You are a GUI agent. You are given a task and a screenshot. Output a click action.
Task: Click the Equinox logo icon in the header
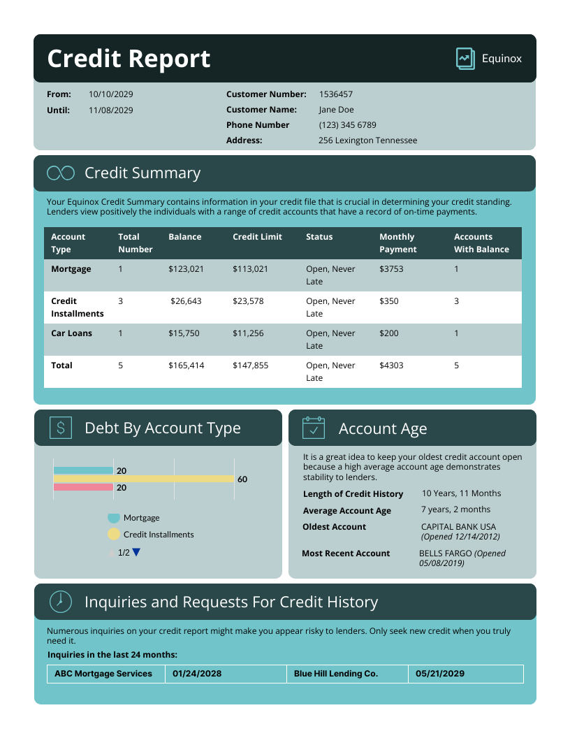pyautogui.click(x=465, y=59)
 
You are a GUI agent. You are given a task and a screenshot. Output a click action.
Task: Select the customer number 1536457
pyautogui.click(x=336, y=94)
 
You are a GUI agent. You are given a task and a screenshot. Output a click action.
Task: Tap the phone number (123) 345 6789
pyautogui.click(x=347, y=125)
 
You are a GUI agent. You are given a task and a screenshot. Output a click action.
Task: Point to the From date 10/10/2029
pyautogui.click(x=110, y=94)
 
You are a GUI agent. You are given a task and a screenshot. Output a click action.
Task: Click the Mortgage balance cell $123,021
pyautogui.click(x=186, y=269)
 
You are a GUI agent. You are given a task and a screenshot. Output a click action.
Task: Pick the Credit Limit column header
pyautogui.click(x=257, y=237)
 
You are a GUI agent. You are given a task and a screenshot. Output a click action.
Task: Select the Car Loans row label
pyautogui.click(x=71, y=333)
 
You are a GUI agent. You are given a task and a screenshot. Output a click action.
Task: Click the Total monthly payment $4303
pyautogui.click(x=391, y=366)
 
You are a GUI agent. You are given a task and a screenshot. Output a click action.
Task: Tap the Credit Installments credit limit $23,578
pyautogui.click(x=248, y=301)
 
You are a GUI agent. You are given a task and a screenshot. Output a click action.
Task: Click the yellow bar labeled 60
pyautogui.click(x=144, y=479)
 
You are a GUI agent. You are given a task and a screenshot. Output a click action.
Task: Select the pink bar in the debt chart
pyautogui.click(x=83, y=487)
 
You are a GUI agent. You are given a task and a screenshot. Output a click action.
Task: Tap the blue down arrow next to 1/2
pyautogui.click(x=136, y=552)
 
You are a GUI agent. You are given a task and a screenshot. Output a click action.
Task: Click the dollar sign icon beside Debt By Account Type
pyautogui.click(x=61, y=428)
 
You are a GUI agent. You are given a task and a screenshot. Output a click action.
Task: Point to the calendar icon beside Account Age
pyautogui.click(x=314, y=428)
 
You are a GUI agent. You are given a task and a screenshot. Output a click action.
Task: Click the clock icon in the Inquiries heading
pyautogui.click(x=61, y=601)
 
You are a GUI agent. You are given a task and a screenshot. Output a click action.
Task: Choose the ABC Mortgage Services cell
pyautogui.click(x=103, y=674)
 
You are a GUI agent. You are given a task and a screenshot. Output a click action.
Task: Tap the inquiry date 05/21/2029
pyautogui.click(x=440, y=674)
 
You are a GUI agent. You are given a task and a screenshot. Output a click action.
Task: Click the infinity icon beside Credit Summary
pyautogui.click(x=61, y=173)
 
